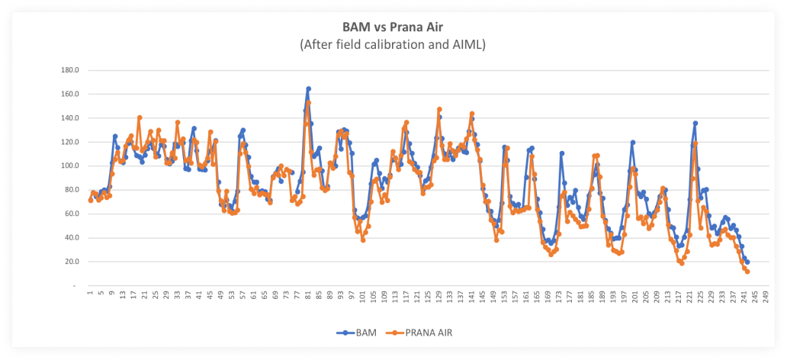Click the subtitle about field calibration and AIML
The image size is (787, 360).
tap(393, 45)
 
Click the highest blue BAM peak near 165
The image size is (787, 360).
tap(308, 88)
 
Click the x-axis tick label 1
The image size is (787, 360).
tap(90, 294)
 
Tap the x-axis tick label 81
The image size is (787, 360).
tap(308, 296)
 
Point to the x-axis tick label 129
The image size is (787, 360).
tap(439, 297)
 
